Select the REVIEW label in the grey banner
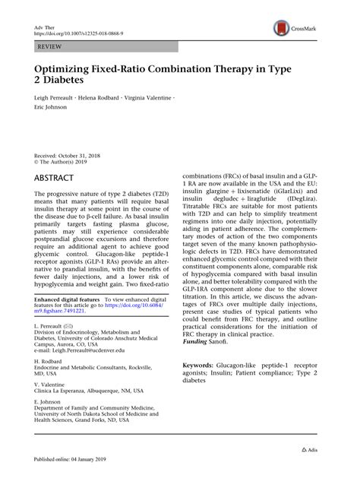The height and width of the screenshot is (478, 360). pyautogui.click(x=49, y=46)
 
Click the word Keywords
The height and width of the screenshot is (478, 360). pyautogui.click(x=200, y=364)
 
